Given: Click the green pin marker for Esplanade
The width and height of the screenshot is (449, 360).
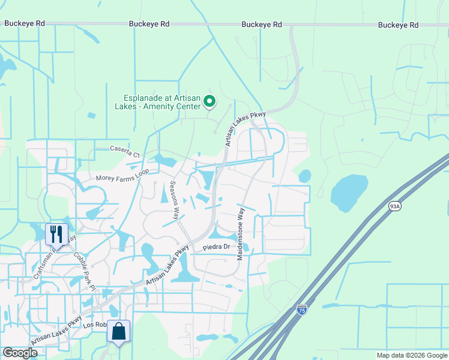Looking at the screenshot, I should [x=209, y=102].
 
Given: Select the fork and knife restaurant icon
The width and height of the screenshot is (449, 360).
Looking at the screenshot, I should [x=57, y=233].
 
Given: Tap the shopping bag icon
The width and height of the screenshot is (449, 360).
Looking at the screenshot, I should [x=119, y=331].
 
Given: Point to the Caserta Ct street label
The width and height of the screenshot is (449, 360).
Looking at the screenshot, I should [x=125, y=150].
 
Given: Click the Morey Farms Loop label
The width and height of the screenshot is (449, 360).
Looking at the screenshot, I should [x=122, y=178].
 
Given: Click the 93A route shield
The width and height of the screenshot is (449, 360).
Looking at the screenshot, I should [x=394, y=206].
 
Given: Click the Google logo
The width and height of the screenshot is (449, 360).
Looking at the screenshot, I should [x=20, y=352].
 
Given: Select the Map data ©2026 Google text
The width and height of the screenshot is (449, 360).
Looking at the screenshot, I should [x=411, y=355].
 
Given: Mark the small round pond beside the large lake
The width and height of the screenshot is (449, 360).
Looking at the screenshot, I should [x=305, y=176].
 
